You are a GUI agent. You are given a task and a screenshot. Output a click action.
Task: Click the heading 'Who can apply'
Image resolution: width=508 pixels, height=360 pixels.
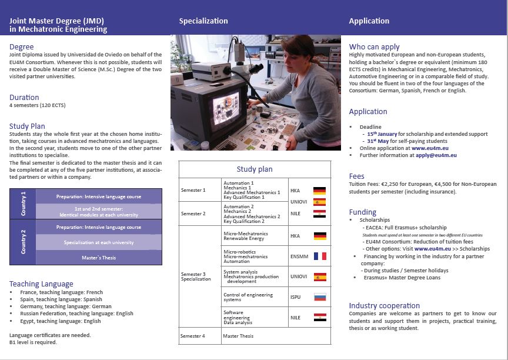374,46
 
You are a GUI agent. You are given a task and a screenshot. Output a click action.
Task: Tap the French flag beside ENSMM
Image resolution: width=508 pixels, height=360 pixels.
319,256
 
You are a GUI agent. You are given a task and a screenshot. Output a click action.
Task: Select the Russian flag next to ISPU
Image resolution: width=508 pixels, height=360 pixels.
319,297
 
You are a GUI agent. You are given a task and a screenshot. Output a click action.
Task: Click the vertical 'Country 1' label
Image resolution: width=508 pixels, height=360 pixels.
23,204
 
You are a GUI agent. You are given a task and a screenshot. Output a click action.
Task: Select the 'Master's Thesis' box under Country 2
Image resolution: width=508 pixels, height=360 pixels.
99,257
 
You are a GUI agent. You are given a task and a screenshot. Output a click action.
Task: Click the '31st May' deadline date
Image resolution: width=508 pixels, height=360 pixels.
379,141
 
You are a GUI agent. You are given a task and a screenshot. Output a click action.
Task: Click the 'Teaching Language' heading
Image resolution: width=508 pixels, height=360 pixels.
41,284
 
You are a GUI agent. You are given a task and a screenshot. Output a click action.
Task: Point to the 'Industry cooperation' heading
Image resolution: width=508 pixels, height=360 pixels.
384,305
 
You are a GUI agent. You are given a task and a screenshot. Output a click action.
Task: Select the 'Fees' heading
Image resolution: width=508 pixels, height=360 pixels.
357,176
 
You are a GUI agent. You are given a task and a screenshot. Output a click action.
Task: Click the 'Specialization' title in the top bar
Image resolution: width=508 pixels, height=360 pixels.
203,21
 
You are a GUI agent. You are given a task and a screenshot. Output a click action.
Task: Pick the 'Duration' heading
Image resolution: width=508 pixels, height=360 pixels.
24,97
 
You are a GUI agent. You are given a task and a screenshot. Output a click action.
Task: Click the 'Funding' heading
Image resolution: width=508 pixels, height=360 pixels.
362,212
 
